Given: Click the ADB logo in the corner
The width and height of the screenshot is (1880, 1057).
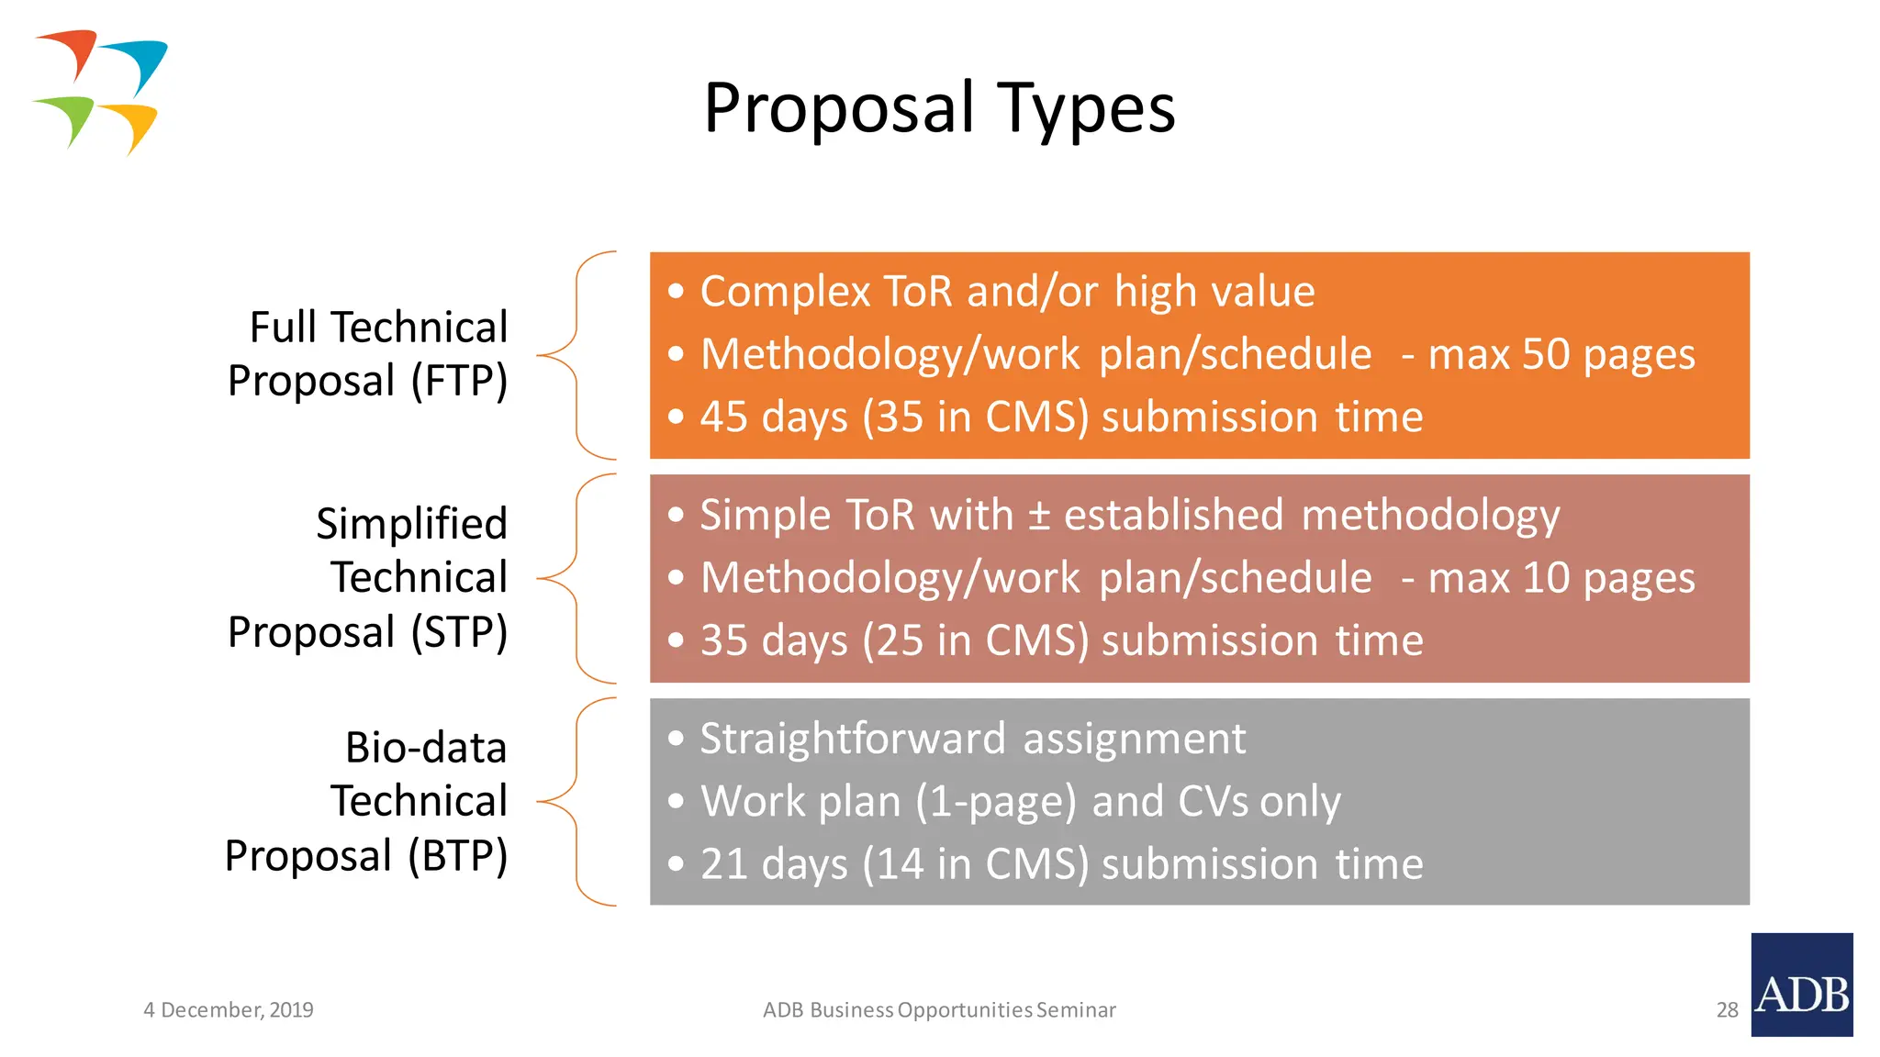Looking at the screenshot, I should pos(1801,985).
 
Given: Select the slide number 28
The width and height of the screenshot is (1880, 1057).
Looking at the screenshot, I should pos(1727,1010).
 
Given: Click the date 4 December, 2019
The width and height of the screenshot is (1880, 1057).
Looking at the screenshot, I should pos(228,1010).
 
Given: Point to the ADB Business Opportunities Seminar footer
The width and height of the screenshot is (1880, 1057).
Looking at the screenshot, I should pos(939,1010).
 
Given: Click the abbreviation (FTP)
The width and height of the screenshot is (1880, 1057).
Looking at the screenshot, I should pos(459,381).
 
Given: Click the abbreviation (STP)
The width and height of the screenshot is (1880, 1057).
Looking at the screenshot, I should pos(459,632).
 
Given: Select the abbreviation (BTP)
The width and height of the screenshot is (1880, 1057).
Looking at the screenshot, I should pos(457,856).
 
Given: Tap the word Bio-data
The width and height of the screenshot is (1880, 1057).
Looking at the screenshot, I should pos(426,748).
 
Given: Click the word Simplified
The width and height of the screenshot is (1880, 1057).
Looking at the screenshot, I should pos(411,524).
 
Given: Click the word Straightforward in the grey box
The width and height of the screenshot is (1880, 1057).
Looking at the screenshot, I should pos(853,739).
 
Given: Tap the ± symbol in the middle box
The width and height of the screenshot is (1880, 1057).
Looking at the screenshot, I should pos(1038,515).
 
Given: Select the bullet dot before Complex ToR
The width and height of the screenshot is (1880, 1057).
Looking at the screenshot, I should pos(677,292).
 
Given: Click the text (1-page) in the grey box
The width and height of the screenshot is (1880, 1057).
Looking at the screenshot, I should pos(996,802).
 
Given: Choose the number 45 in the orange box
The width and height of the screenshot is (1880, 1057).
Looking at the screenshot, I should pos(724,417).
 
